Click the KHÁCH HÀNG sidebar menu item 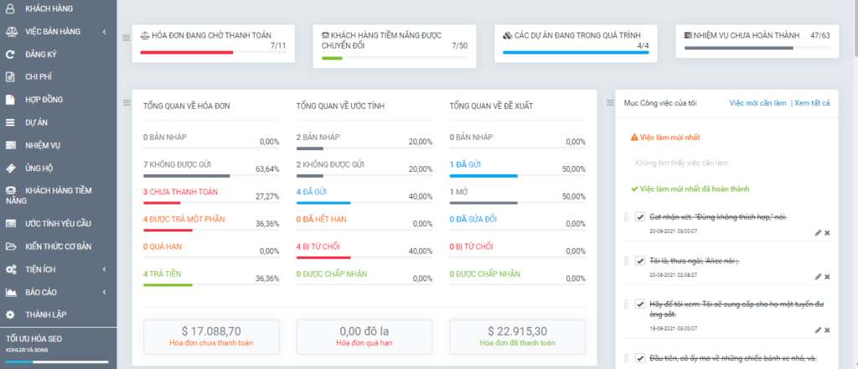pyautogui.click(x=49, y=8)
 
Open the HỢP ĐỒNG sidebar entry pyautogui.click(x=44, y=100)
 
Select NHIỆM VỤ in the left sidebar pyautogui.click(x=43, y=145)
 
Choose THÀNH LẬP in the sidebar pyautogui.click(x=45, y=314)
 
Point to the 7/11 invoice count pyautogui.click(x=278, y=45)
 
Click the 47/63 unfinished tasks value pyautogui.click(x=820, y=36)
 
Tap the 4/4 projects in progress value pyautogui.click(x=643, y=45)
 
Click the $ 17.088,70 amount pyautogui.click(x=211, y=330)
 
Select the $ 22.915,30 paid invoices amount pyautogui.click(x=517, y=330)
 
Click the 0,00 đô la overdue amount pyautogui.click(x=364, y=330)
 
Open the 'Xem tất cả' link pyautogui.click(x=812, y=102)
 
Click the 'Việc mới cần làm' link pyautogui.click(x=757, y=102)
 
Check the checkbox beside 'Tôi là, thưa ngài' pyautogui.click(x=640, y=261)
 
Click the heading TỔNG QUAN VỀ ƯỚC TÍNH pyautogui.click(x=340, y=107)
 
